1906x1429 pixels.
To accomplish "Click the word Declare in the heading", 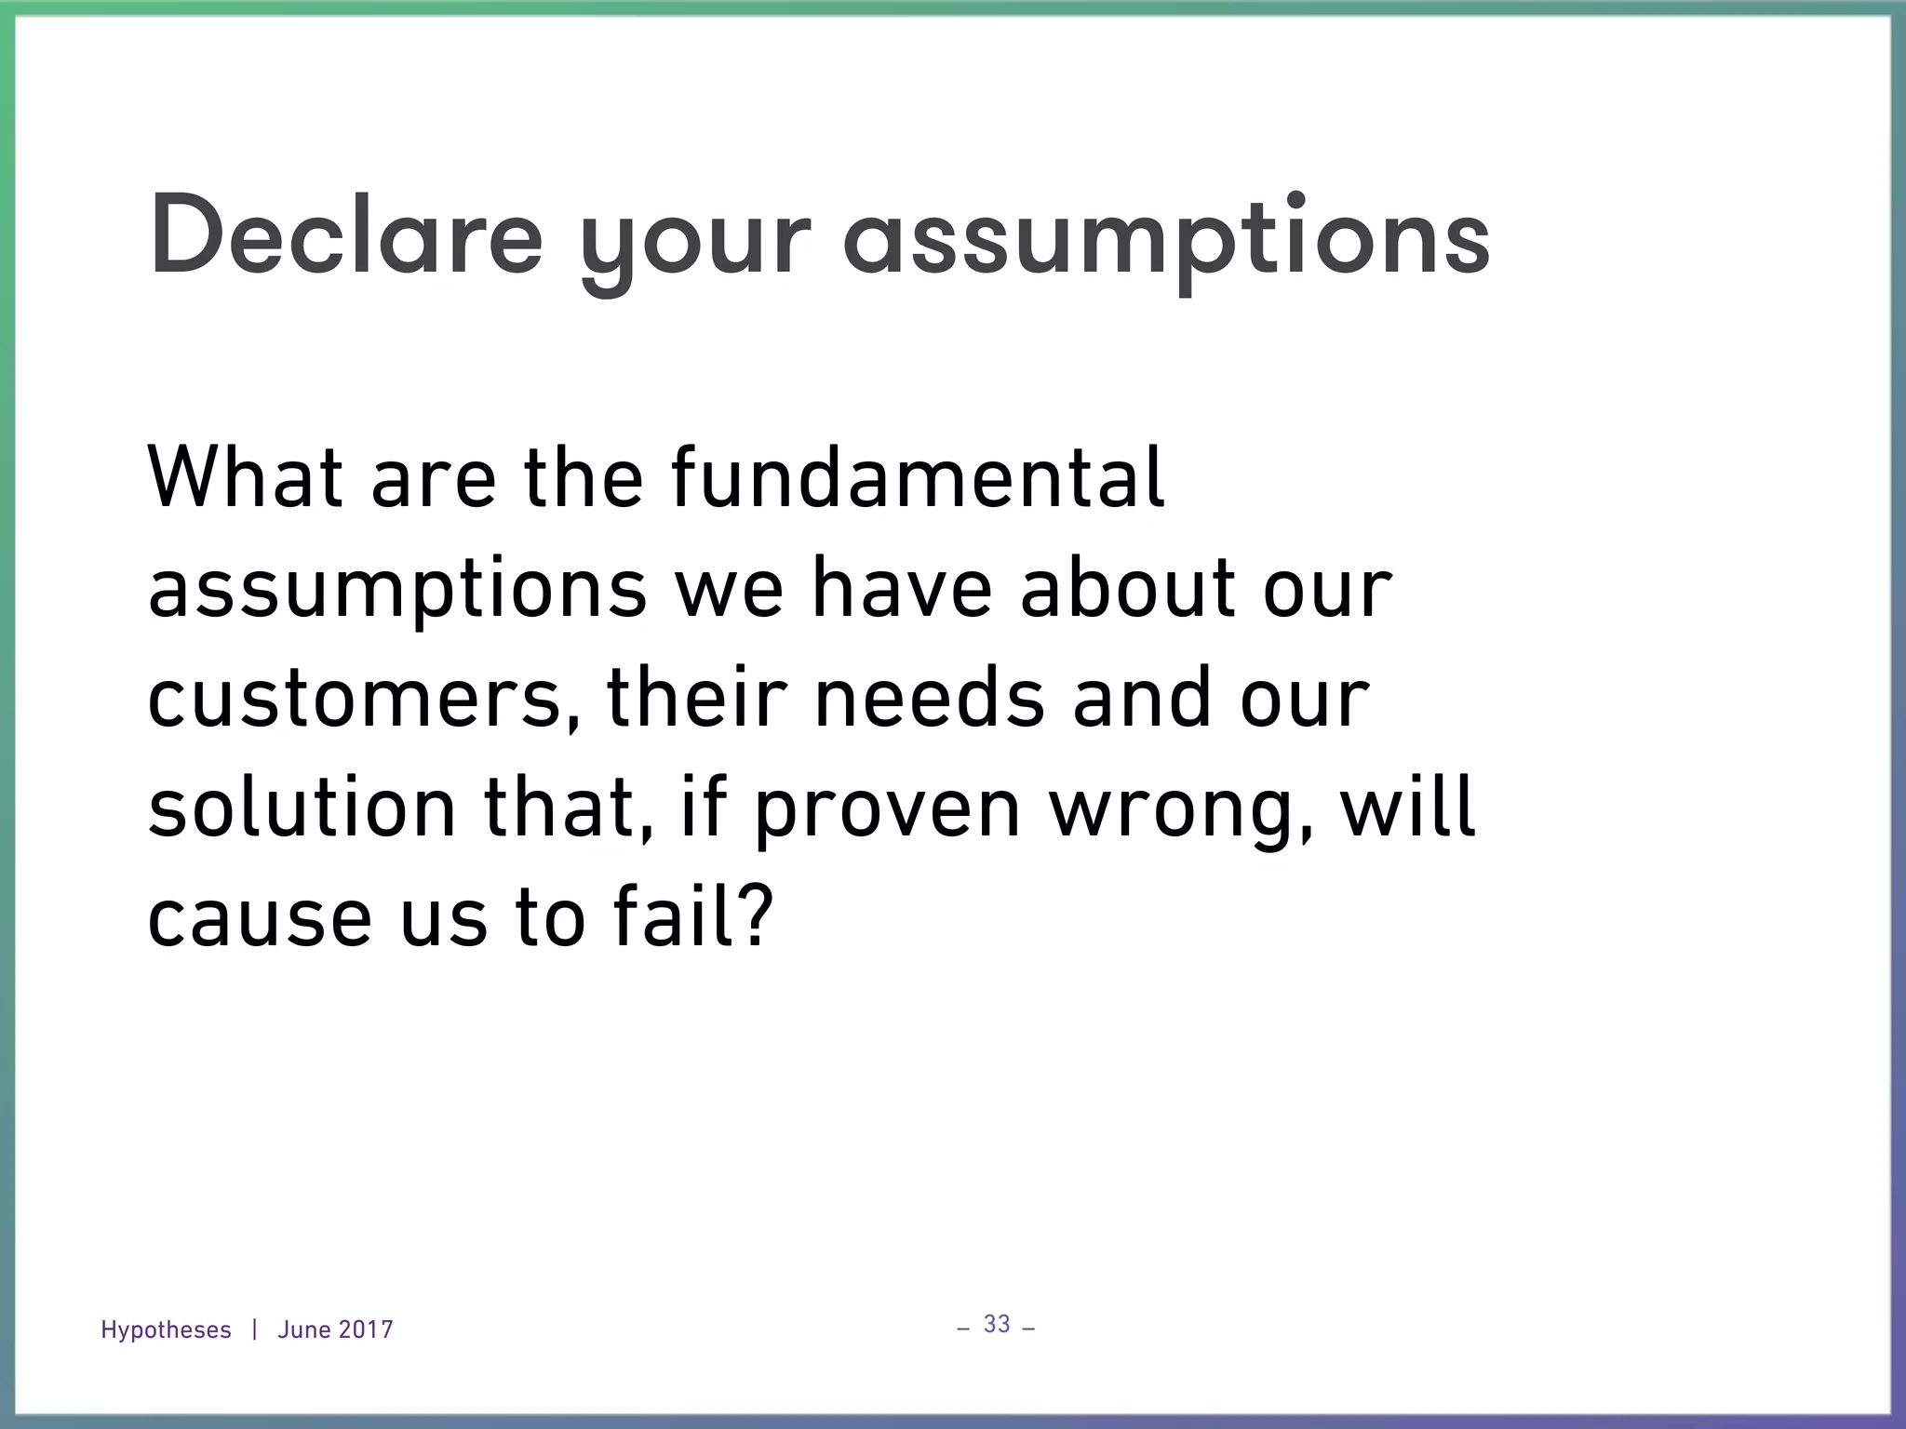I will coord(345,234).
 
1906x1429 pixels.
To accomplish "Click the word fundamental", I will coord(917,478).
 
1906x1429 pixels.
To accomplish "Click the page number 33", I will coord(997,1324).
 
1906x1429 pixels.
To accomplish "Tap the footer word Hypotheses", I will coord(166,1330).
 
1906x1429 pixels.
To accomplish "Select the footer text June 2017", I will coord(335,1330).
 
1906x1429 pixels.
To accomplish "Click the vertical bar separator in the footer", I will coord(254,1329).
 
